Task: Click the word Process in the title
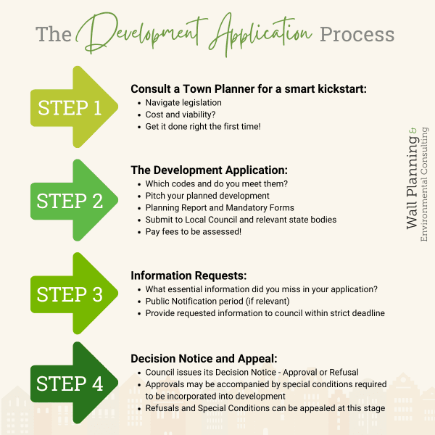pos(357,35)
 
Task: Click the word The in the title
pos(54,34)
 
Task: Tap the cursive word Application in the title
pos(261,35)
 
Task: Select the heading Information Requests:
pos(188,275)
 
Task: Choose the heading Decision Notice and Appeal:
pos(204,359)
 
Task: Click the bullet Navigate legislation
pos(183,103)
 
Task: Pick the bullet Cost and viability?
pos(181,115)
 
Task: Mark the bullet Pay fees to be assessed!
pos(194,232)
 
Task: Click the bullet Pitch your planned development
pos(207,196)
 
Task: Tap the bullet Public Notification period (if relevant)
pos(217,302)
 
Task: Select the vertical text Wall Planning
pos(412,182)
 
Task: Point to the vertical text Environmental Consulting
pos(424,184)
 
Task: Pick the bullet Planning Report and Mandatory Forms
pos(220,208)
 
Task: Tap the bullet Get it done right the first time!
pos(203,126)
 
